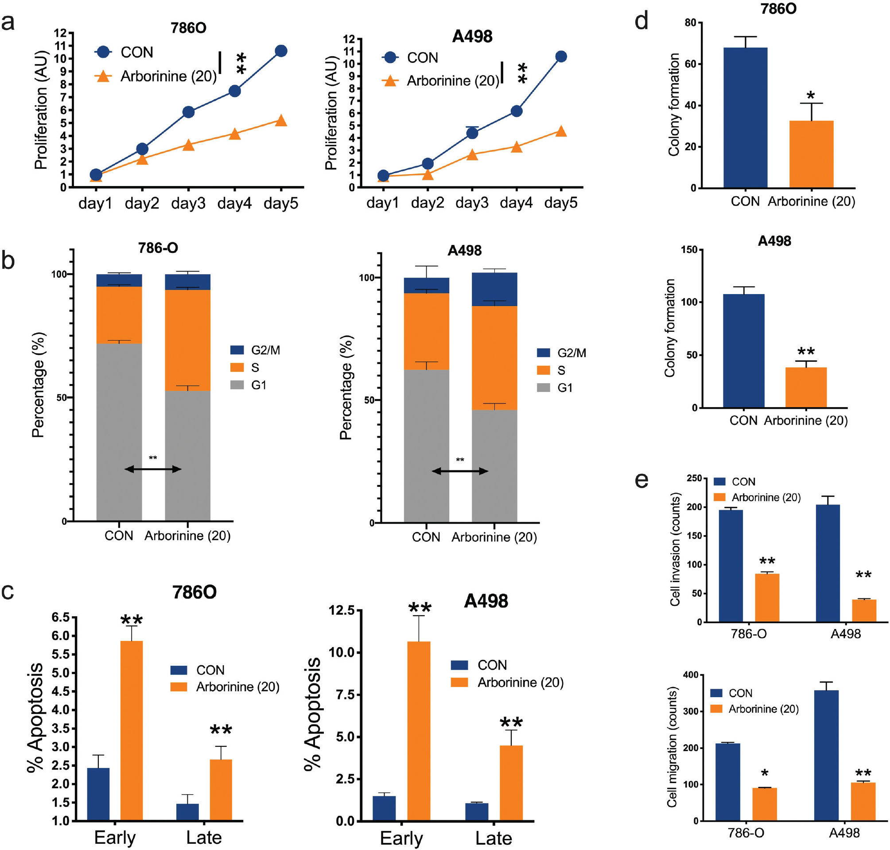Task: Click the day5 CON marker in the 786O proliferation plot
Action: click(x=281, y=51)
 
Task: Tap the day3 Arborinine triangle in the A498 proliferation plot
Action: click(x=472, y=155)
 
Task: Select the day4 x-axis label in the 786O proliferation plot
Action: click(x=234, y=203)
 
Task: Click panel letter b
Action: click(x=8, y=261)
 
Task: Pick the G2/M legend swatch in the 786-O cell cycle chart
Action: click(x=237, y=350)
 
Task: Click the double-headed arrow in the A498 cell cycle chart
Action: click(x=460, y=471)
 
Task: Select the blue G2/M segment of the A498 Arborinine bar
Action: click(x=494, y=290)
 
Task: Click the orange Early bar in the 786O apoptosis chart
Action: click(x=132, y=730)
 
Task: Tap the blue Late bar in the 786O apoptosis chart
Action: click(x=187, y=811)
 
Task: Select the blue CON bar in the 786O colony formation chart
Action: click(x=745, y=118)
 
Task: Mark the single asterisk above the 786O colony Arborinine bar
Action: click(x=811, y=96)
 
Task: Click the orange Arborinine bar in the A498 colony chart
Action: click(x=806, y=388)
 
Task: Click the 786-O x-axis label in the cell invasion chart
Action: click(x=749, y=634)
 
